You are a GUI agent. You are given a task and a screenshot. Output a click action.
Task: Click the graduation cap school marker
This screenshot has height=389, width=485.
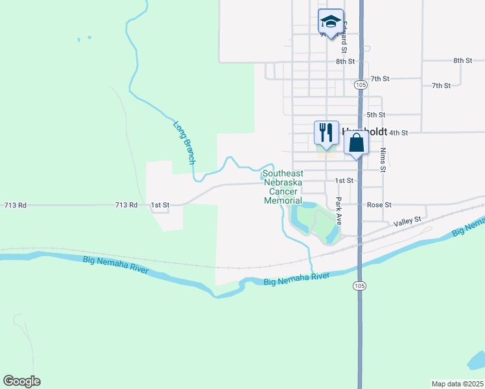tap(331, 22)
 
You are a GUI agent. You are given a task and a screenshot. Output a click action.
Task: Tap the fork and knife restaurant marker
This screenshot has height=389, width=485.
tap(325, 133)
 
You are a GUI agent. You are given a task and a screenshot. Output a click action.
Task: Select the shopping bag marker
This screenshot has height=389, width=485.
tap(357, 142)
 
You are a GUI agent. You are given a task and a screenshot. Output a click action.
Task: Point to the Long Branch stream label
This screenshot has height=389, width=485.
tap(185, 142)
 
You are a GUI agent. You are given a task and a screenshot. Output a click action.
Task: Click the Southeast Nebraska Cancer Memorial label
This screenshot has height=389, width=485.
tap(283, 187)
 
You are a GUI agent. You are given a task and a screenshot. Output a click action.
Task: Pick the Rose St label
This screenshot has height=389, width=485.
tap(379, 205)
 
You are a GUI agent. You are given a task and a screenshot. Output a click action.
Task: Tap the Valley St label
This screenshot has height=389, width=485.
tap(407, 222)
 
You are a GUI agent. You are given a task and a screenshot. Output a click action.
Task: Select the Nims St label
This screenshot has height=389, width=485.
tap(383, 159)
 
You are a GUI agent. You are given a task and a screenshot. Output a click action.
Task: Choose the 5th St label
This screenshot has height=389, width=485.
tap(376, 115)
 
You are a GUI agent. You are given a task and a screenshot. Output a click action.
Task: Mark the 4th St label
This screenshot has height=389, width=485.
tap(398, 133)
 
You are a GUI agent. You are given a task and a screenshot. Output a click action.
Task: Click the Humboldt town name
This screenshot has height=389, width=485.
tap(364, 130)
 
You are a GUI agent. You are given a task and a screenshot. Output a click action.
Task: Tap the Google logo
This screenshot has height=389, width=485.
tap(21, 381)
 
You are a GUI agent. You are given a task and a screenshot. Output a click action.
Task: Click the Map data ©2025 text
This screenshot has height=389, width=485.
tap(457, 383)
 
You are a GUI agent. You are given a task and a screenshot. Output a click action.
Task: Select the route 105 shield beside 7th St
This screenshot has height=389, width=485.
tap(361, 85)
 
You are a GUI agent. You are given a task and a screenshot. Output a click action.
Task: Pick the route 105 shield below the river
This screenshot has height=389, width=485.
tap(360, 285)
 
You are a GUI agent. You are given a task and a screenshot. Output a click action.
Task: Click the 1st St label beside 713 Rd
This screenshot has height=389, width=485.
tap(160, 205)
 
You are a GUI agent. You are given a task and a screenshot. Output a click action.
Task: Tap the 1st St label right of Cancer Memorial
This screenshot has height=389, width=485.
tap(344, 180)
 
